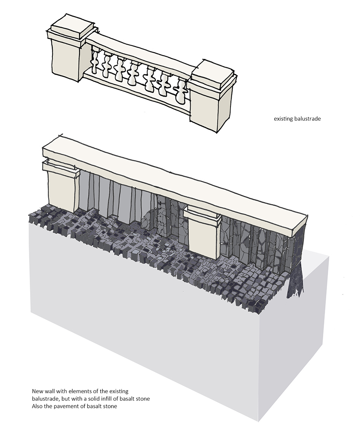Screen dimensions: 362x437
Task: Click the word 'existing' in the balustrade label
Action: pyautogui.click(x=283, y=119)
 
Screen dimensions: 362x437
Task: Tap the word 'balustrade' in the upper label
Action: pyautogui.click(x=307, y=119)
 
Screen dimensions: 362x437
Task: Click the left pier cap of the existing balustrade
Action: pyautogui.click(x=72, y=29)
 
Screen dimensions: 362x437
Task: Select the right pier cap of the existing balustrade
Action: pyautogui.click(x=214, y=75)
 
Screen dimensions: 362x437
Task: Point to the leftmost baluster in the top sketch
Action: pyautogui.click(x=95, y=62)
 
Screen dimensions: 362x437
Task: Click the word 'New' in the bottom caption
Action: pyautogui.click(x=37, y=391)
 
